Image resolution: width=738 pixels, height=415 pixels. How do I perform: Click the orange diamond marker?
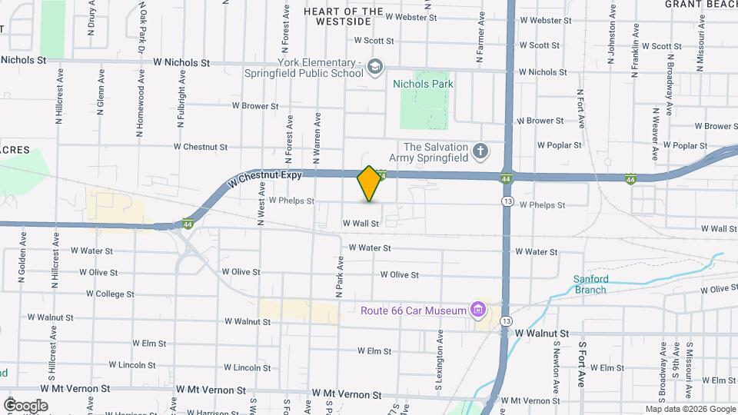coord(369,184)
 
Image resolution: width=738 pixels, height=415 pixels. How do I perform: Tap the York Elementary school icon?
coord(374,66)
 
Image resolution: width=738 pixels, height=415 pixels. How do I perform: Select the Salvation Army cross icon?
coord(480,151)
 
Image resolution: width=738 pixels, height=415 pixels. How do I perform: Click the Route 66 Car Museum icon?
coord(478,310)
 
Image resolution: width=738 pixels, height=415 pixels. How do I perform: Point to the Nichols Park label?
coord(423,84)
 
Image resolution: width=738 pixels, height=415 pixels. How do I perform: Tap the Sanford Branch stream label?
coord(590,284)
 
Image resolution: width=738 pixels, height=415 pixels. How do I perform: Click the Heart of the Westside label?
coord(344,16)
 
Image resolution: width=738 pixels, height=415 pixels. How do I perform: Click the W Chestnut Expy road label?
coord(261,178)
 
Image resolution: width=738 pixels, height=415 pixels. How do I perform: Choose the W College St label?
coord(110,294)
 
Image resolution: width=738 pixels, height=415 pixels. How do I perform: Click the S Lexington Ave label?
coord(441,357)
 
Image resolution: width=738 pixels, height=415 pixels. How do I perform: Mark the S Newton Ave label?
coord(556,363)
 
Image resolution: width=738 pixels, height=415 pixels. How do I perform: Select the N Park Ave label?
coord(338,277)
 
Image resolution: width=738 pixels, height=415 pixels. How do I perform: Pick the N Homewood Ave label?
coord(141,110)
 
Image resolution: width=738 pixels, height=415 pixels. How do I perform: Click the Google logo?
coord(25,406)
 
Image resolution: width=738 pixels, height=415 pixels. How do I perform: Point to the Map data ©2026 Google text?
coord(690,409)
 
